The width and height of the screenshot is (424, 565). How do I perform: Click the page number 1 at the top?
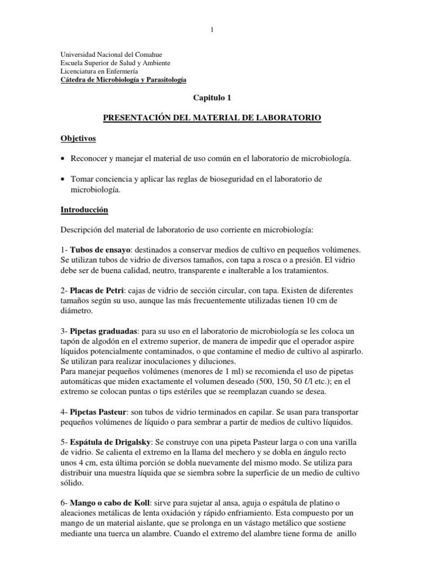212,30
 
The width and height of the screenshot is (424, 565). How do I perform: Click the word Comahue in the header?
145,55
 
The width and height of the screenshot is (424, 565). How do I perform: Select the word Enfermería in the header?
121,71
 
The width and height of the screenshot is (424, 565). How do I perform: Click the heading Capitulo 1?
211,98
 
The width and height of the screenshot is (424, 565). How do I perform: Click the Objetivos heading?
78,138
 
